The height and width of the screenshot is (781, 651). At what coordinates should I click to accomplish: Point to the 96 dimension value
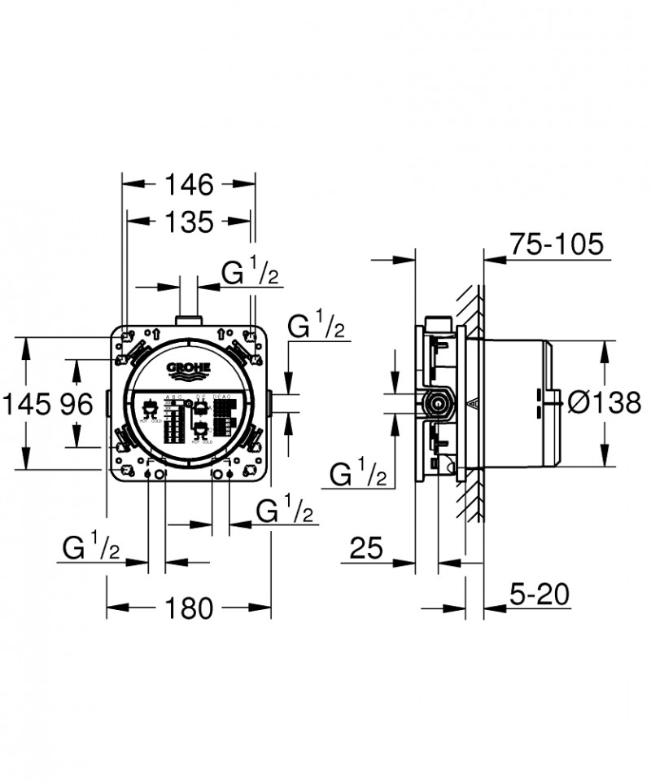tap(77, 404)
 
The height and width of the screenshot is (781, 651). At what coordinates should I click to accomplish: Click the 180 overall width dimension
tap(188, 607)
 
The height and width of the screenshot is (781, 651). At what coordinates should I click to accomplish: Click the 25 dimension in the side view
tap(366, 549)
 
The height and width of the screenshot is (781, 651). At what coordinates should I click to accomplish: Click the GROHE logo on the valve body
tap(188, 371)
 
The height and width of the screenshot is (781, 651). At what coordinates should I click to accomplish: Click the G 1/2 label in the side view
tap(359, 474)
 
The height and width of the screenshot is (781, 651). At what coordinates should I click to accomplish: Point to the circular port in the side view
tap(439, 402)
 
